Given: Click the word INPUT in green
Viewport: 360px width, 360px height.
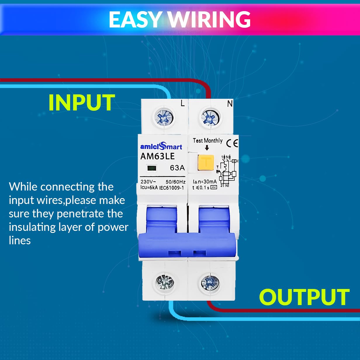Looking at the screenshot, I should (x=82, y=103).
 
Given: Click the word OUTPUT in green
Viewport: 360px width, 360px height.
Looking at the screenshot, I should (x=304, y=297).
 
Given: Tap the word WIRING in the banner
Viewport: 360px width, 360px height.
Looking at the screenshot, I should (x=209, y=20).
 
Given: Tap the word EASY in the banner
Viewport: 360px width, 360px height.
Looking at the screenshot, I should (x=135, y=20).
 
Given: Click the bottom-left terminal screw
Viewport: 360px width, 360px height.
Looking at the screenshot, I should (x=165, y=282).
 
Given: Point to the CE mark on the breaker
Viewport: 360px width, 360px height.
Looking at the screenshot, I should (x=232, y=143).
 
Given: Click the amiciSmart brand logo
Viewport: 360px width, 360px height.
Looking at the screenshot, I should (x=161, y=146).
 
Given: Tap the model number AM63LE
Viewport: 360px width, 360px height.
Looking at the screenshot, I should (x=157, y=156).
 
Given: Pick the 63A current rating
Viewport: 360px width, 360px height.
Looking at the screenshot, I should (x=177, y=168).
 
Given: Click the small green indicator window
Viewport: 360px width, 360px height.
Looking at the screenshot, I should (x=152, y=168).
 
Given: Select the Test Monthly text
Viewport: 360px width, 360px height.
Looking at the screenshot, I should (x=207, y=141).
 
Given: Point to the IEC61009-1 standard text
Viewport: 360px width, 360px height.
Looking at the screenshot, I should (x=172, y=188).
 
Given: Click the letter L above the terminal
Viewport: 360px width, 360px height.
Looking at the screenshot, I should (x=183, y=103).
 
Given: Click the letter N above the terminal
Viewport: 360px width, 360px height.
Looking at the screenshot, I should (x=230, y=103).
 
